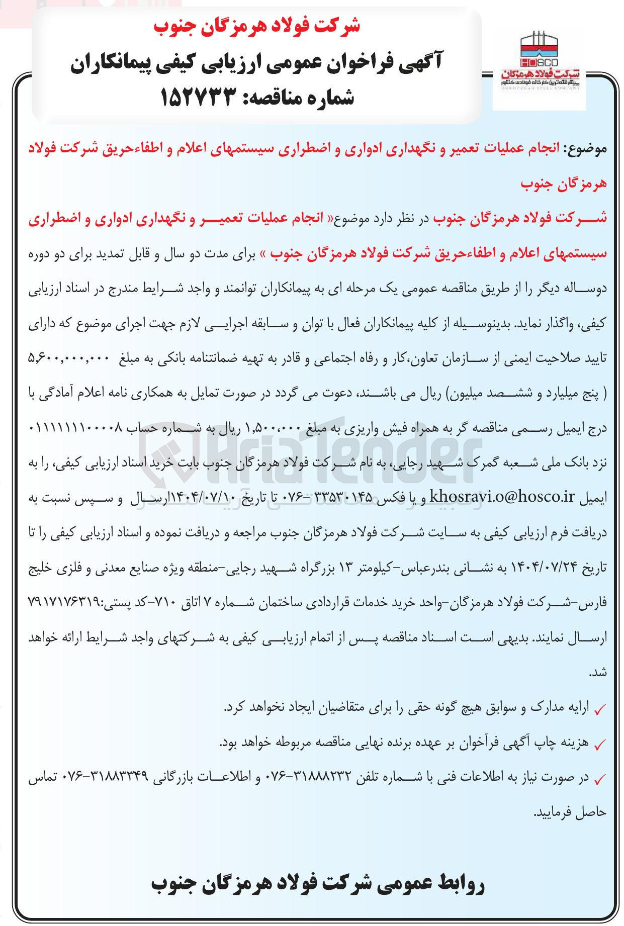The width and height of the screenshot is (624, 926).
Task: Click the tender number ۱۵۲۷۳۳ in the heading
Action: coord(198,97)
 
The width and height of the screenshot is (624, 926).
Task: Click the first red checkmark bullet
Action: coord(600,709)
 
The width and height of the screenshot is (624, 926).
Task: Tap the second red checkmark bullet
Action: coord(600,745)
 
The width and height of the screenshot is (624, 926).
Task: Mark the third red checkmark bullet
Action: coord(600,780)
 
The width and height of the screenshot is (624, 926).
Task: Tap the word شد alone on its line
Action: coord(600,673)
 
